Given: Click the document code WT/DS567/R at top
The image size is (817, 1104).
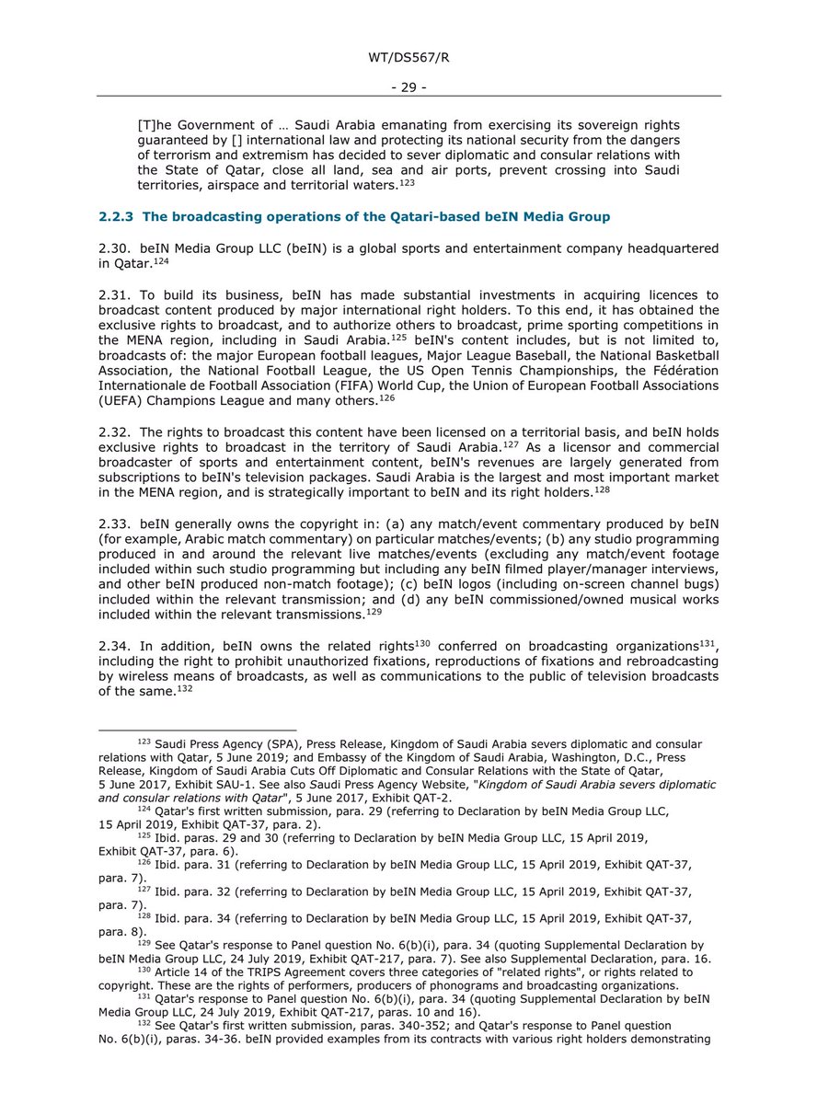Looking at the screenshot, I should (408, 59).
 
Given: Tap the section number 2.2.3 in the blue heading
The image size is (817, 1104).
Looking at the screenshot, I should (117, 216).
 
